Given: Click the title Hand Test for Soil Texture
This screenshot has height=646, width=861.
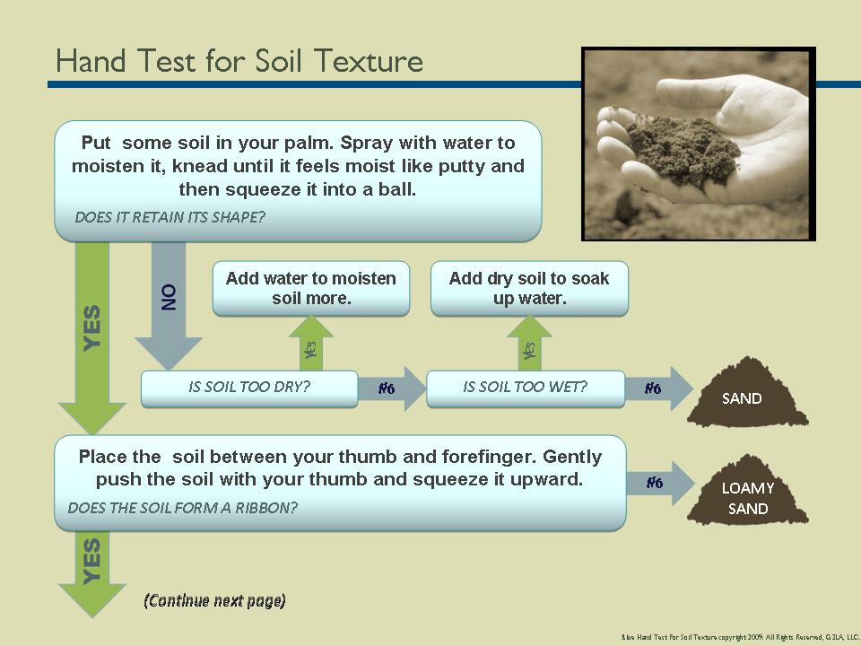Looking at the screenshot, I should click(x=239, y=61).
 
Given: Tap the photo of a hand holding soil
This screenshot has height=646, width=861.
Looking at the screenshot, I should click(x=698, y=144).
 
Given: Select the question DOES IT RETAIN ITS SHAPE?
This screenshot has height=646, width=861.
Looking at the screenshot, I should click(x=170, y=216).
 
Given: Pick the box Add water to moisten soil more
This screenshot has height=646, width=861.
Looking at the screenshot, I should click(x=310, y=288).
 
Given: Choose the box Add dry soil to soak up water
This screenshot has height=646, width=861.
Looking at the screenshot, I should click(x=529, y=288).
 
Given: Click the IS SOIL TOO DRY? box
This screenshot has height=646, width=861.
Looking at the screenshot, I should click(x=248, y=388).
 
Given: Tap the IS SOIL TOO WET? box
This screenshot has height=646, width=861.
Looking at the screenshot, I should click(x=525, y=388).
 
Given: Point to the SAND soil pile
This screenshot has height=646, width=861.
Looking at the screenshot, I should click(x=745, y=395).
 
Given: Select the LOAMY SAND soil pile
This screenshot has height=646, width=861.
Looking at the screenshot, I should click(x=747, y=497).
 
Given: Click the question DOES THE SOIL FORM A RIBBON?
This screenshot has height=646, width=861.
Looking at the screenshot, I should click(x=183, y=507).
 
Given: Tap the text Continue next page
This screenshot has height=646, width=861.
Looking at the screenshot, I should click(x=214, y=600).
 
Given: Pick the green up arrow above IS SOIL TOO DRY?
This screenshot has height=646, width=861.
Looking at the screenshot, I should click(x=310, y=345).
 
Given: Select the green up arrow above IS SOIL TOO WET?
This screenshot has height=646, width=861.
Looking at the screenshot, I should click(x=529, y=345).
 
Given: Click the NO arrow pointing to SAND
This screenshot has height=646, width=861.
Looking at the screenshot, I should click(x=664, y=388).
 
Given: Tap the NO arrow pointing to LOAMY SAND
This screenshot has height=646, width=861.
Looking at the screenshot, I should click(x=664, y=483).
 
